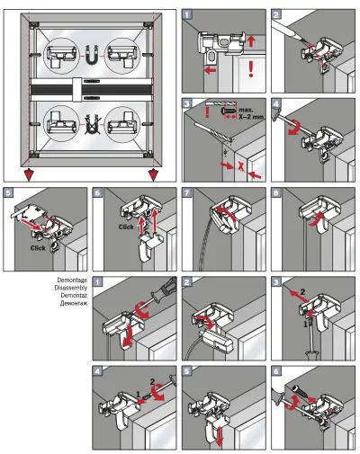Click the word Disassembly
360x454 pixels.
pos(72,289)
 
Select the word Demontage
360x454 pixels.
pos(72,281)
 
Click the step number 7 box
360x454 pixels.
pos(187,191)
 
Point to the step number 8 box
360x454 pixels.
pos(275,191)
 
